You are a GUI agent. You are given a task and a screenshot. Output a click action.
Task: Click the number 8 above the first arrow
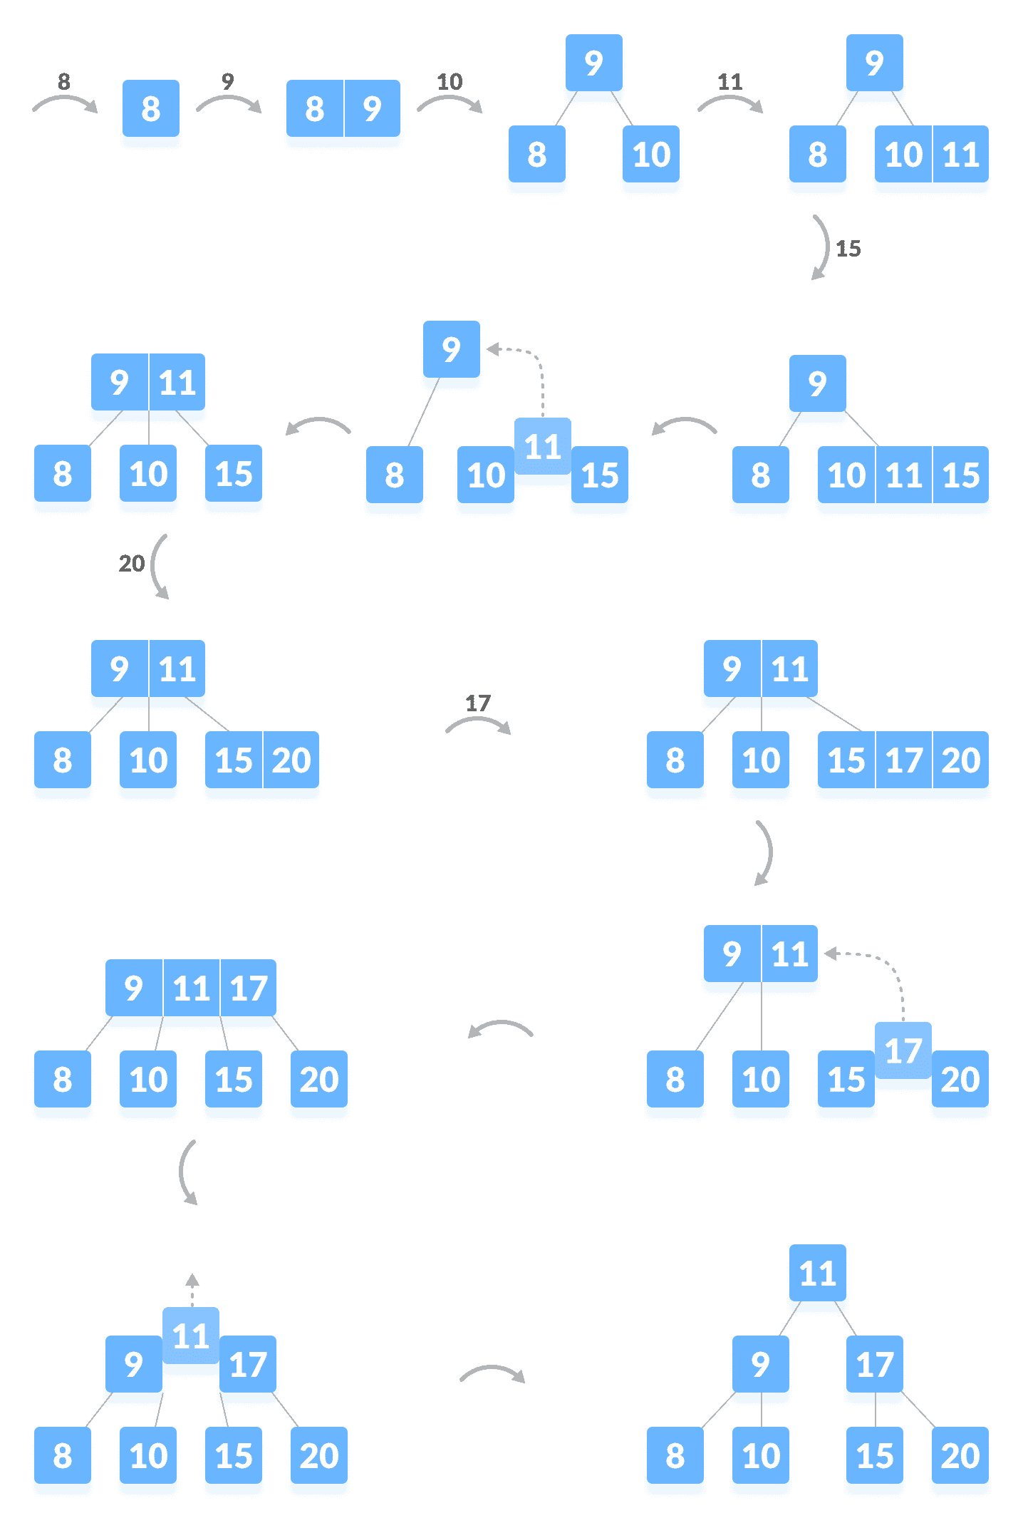[63, 82]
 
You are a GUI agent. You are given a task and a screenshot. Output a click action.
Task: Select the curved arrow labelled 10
[450, 103]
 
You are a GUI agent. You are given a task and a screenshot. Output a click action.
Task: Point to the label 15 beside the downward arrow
[848, 249]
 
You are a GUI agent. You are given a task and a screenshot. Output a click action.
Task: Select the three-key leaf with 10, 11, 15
[903, 476]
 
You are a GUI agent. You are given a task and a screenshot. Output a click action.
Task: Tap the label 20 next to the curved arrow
[131, 564]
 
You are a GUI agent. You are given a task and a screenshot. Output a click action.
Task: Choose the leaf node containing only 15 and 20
[261, 761]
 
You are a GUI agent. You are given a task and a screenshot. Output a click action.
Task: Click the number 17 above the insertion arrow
[478, 703]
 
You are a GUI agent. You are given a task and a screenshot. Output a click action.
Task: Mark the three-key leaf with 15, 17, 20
[903, 761]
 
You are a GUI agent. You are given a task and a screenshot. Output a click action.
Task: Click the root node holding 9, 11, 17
[191, 989]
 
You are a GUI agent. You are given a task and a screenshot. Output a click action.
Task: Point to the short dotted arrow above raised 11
[192, 1289]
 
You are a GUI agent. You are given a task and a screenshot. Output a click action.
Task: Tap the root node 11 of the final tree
[817, 1274]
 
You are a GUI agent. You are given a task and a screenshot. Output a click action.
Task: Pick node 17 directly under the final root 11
[874, 1365]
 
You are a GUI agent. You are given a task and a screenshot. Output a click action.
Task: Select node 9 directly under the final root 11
[760, 1365]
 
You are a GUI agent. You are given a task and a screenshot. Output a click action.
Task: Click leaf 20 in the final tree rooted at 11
[960, 1457]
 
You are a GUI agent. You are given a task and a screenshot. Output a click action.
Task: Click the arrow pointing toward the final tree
[492, 1373]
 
